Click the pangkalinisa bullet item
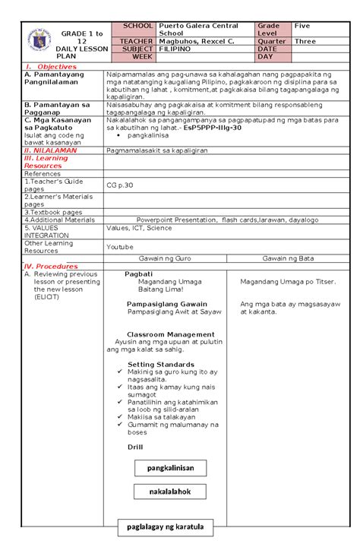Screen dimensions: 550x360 (x=152, y=137)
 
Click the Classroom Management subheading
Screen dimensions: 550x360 (x=170, y=334)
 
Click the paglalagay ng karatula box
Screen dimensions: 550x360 (x=169, y=526)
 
